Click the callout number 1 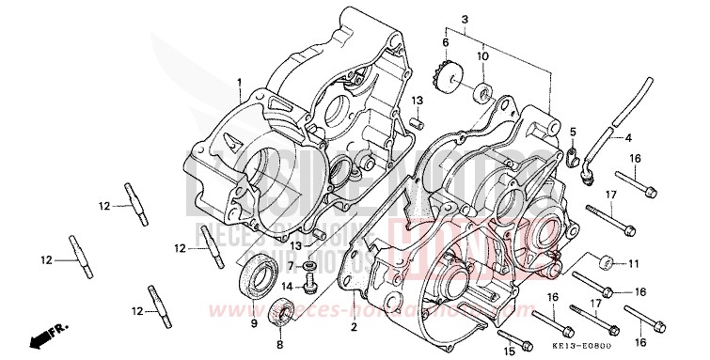[240, 83]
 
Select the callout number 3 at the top [464, 20]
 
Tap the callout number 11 [634, 262]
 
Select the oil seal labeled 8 [282, 310]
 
